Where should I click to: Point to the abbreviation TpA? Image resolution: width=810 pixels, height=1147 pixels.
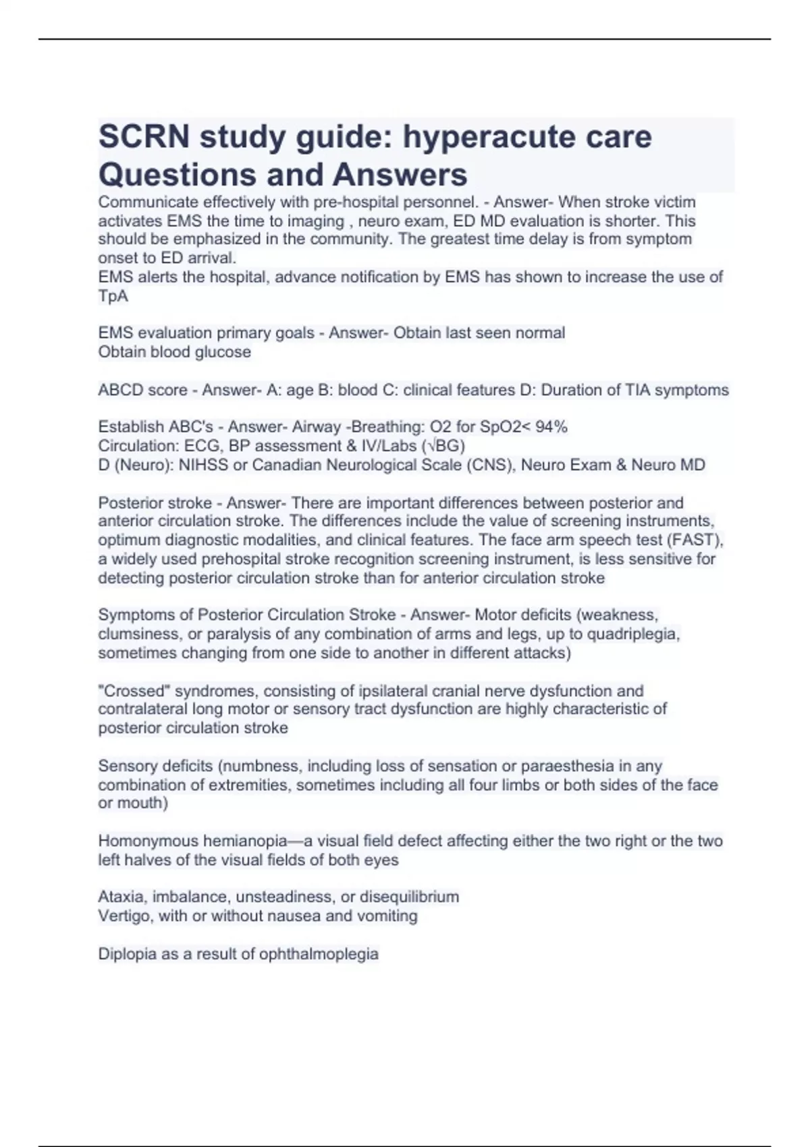pyautogui.click(x=113, y=296)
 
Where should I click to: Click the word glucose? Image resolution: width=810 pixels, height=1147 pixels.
pyautogui.click(x=222, y=352)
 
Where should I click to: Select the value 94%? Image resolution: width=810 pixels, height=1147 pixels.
pyautogui.click(x=551, y=427)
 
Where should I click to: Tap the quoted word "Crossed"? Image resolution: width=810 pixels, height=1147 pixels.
pyautogui.click(x=134, y=691)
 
